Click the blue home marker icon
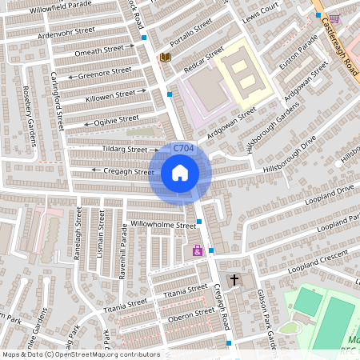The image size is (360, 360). (180, 173)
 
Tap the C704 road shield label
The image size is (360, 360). (183, 148)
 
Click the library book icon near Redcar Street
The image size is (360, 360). (165, 58)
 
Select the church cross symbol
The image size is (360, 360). (234, 281)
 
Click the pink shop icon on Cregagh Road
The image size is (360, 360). (197, 251)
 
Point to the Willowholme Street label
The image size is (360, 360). (163, 226)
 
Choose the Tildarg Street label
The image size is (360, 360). (125, 149)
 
